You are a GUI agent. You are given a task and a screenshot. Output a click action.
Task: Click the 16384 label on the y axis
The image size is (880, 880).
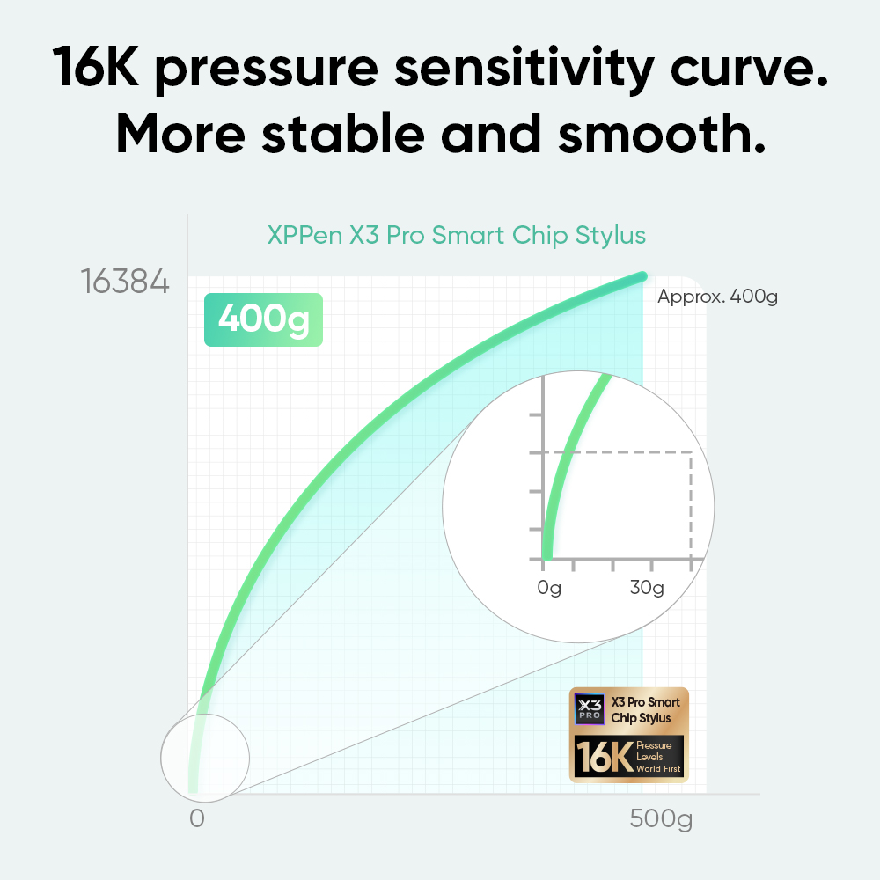click(x=125, y=282)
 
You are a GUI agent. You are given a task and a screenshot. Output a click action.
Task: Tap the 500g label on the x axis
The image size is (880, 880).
click(x=661, y=818)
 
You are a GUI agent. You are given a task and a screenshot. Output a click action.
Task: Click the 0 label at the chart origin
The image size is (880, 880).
click(x=197, y=818)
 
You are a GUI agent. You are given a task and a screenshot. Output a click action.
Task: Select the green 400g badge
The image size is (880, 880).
click(x=263, y=319)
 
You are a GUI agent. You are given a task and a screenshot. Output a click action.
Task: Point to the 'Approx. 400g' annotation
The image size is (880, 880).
click(x=717, y=297)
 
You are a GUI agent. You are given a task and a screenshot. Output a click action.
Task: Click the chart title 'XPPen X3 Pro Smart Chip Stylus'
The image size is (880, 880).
click(x=456, y=235)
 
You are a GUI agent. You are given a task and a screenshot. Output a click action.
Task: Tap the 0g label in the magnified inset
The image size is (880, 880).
click(x=549, y=588)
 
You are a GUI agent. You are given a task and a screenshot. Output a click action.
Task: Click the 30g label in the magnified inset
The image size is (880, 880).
click(x=647, y=588)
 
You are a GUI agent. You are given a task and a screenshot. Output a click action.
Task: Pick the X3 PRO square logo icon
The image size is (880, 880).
click(x=590, y=709)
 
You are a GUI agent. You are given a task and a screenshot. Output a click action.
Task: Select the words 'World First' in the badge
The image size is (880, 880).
click(x=658, y=769)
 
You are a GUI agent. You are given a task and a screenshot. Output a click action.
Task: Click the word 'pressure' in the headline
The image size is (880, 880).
click(x=266, y=70)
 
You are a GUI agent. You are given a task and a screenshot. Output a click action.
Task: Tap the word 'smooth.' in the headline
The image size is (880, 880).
click(x=662, y=134)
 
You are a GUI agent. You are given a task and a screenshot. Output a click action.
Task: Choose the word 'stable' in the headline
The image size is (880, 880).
click(x=343, y=134)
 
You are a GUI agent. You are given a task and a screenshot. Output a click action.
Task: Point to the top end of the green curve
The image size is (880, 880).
click(x=642, y=276)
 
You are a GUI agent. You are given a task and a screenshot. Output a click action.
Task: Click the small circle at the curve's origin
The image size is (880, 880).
click(x=205, y=758)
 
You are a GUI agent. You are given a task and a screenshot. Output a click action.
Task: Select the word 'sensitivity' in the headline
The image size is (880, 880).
click(x=524, y=69)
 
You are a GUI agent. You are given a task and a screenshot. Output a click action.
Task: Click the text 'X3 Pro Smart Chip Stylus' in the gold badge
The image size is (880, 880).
click(x=645, y=710)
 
